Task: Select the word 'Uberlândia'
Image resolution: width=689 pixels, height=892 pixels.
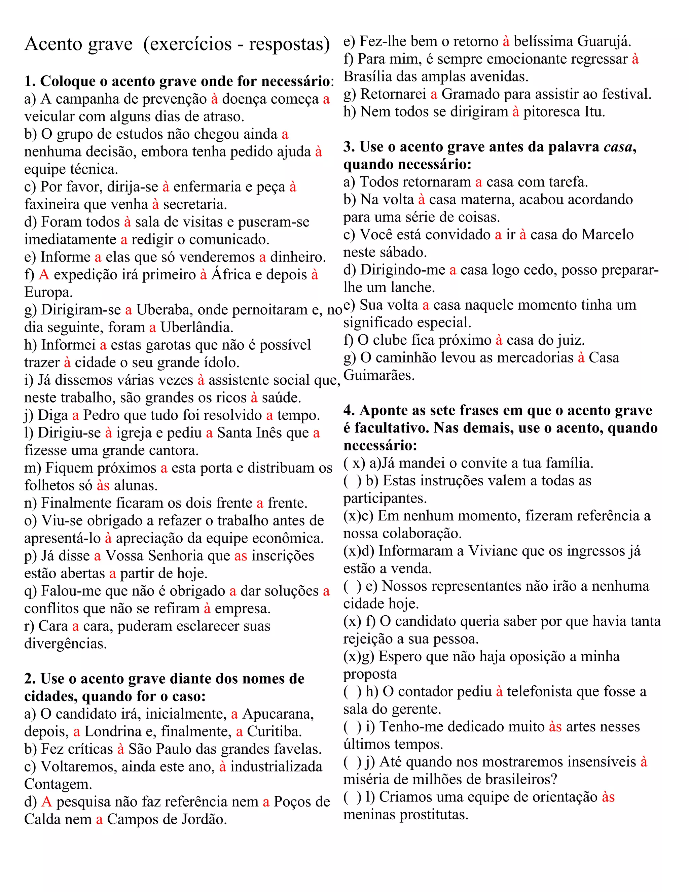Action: (196, 328)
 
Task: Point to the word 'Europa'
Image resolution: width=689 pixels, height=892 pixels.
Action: (48, 293)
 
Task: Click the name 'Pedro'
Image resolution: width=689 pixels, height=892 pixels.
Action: (102, 415)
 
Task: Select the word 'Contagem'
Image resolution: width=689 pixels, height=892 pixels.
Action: (57, 785)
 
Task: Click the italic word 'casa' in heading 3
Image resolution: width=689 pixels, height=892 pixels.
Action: (617, 147)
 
